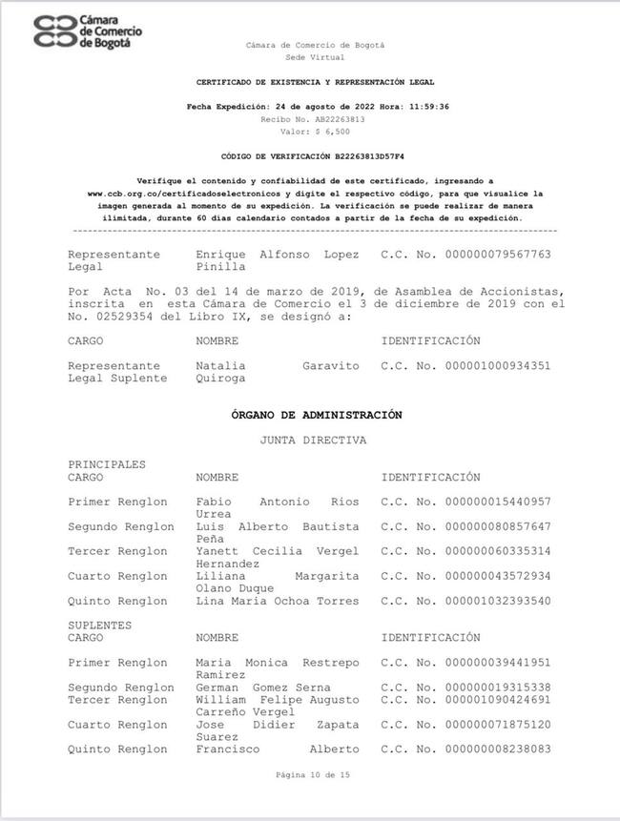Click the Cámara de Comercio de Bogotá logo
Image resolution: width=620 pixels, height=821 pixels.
[88, 31]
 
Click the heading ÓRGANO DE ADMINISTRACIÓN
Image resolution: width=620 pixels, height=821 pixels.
[316, 415]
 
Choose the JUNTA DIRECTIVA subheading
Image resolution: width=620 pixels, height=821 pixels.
[313, 441]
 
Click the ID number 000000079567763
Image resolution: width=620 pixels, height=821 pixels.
[497, 256]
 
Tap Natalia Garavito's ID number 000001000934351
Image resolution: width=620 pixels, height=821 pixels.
[497, 366]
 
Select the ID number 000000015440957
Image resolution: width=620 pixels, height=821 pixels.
[497, 502]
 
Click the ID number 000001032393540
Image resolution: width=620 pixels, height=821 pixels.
[497, 602]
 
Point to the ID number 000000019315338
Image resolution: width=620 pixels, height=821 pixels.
[497, 688]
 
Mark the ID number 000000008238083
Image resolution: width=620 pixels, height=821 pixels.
[497, 749]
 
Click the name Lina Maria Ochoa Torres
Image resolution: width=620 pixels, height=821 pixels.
[278, 602]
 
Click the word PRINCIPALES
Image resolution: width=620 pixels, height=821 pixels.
[107, 464]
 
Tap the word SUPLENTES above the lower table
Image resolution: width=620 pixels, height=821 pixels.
[100, 626]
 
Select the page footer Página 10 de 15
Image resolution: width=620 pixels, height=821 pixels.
[314, 776]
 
